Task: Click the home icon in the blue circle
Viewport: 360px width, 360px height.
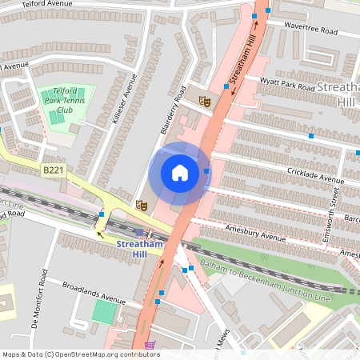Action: click(180, 173)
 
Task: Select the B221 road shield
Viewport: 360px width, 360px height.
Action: click(53, 170)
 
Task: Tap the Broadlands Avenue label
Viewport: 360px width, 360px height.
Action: click(96, 294)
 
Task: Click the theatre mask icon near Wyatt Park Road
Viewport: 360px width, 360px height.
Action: click(204, 102)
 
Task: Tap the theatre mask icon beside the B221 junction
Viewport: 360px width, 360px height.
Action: click(141, 205)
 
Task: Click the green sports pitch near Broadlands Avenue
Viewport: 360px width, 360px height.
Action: click(104, 312)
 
